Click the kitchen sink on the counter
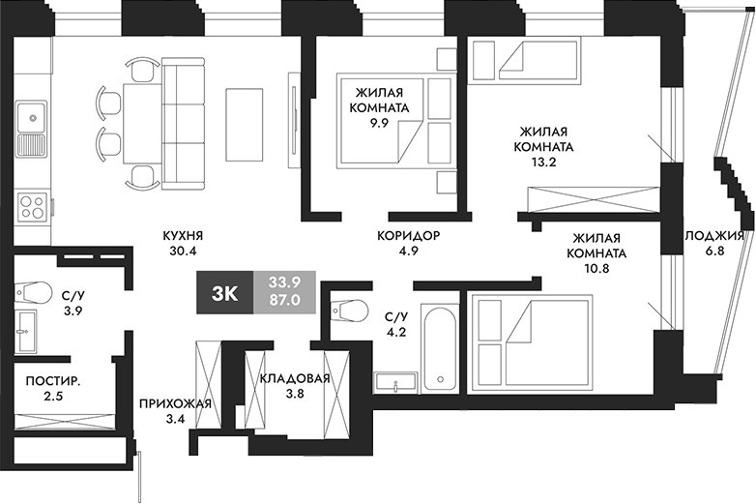click(x=33, y=119)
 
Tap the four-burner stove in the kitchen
click(x=33, y=206)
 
